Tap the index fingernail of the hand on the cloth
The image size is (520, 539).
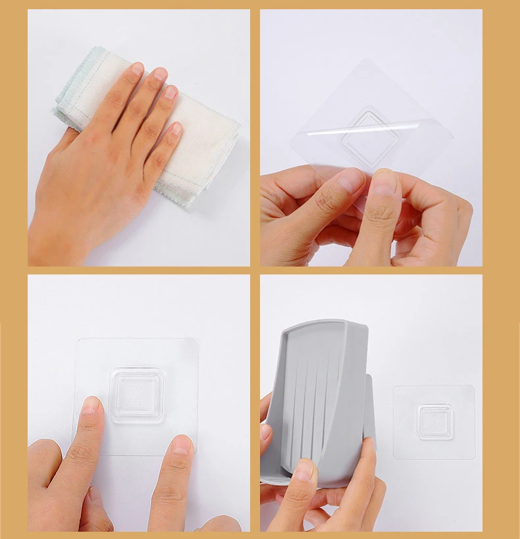point(137,68)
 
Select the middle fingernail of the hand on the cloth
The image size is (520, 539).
point(160,74)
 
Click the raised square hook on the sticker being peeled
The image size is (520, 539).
point(372,137)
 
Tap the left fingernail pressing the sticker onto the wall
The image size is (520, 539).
point(90,404)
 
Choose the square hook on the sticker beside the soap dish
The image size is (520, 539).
point(435,421)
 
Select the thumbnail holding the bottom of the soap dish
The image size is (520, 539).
point(303,469)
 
